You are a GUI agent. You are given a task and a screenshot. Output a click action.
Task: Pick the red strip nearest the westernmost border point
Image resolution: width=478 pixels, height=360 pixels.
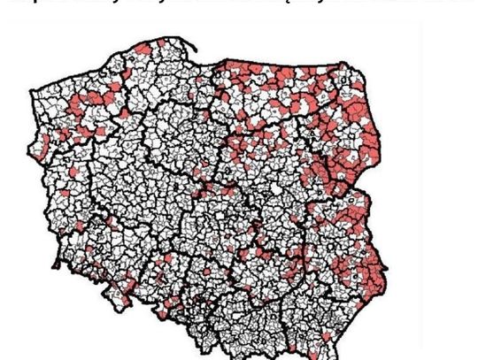(x=40, y=146)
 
